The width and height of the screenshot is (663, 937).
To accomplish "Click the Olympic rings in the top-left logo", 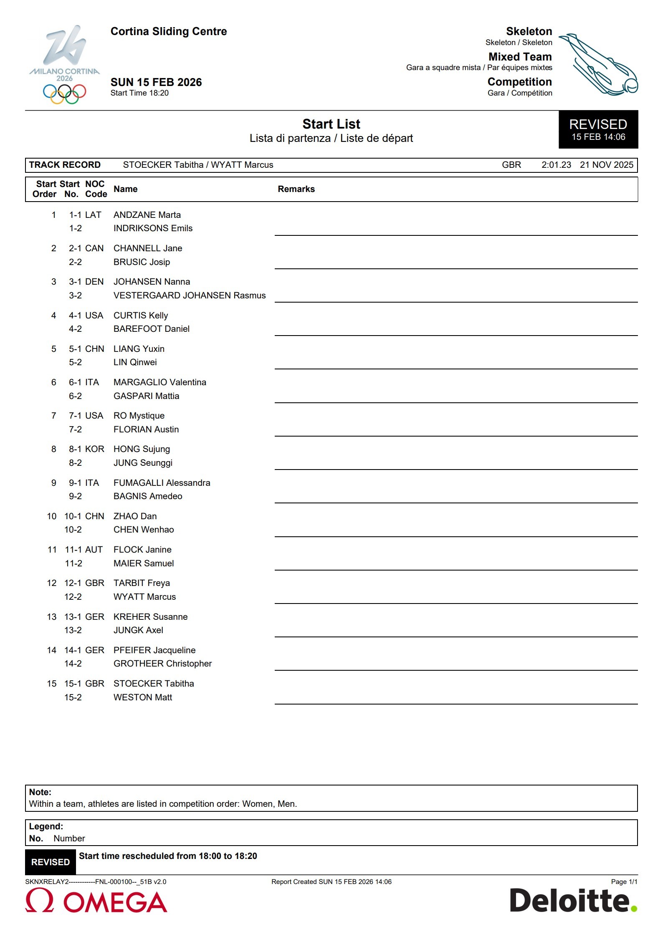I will pyautogui.click(x=64, y=93).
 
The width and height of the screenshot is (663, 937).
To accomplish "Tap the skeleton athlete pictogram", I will pyautogui.click(x=598, y=64).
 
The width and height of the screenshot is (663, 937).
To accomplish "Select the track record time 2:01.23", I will pyautogui.click(x=556, y=165).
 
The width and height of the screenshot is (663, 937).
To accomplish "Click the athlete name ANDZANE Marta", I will pyautogui.click(x=147, y=215).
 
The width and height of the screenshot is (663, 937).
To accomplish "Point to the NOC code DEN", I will pyautogui.click(x=94, y=282).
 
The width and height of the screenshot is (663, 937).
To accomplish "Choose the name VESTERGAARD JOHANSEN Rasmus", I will pyautogui.click(x=190, y=295).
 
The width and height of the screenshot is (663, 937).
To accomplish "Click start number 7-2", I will pyautogui.click(x=75, y=429).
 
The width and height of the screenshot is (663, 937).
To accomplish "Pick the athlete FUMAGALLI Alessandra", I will pyautogui.click(x=162, y=483).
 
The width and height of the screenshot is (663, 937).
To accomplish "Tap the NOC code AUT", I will pyautogui.click(x=94, y=550).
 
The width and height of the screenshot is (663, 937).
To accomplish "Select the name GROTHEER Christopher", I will pyautogui.click(x=162, y=664).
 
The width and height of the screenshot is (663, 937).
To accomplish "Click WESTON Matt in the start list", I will pyautogui.click(x=143, y=697).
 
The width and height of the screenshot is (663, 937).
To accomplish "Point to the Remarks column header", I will pyautogui.click(x=296, y=189).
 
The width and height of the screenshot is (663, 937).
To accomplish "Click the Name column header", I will pyautogui.click(x=125, y=189).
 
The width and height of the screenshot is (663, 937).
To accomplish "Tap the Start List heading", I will pyautogui.click(x=331, y=124).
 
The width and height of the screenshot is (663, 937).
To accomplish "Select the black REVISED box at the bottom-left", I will pyautogui.click(x=51, y=862).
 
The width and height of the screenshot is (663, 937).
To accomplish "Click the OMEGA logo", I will pyautogui.click(x=96, y=901).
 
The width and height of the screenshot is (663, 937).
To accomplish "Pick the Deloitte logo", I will pyautogui.click(x=573, y=900).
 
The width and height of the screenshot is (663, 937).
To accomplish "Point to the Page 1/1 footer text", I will pyautogui.click(x=624, y=882).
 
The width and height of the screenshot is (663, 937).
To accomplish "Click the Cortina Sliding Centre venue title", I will pyautogui.click(x=169, y=32).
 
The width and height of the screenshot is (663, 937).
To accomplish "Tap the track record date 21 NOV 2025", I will pyautogui.click(x=606, y=165).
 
